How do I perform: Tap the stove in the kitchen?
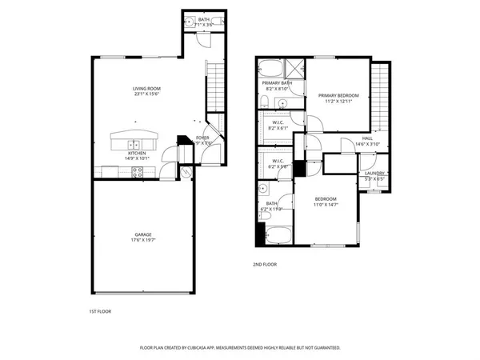click(x=137, y=170)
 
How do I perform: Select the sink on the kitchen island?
click(x=135, y=145)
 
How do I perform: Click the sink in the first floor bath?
click(x=190, y=23)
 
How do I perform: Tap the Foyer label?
click(x=203, y=138)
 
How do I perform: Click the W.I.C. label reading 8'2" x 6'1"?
click(x=277, y=124)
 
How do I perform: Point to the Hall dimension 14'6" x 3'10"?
click(x=367, y=143)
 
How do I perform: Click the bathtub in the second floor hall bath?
click(x=279, y=235)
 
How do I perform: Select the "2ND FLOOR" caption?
click(x=264, y=263)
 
